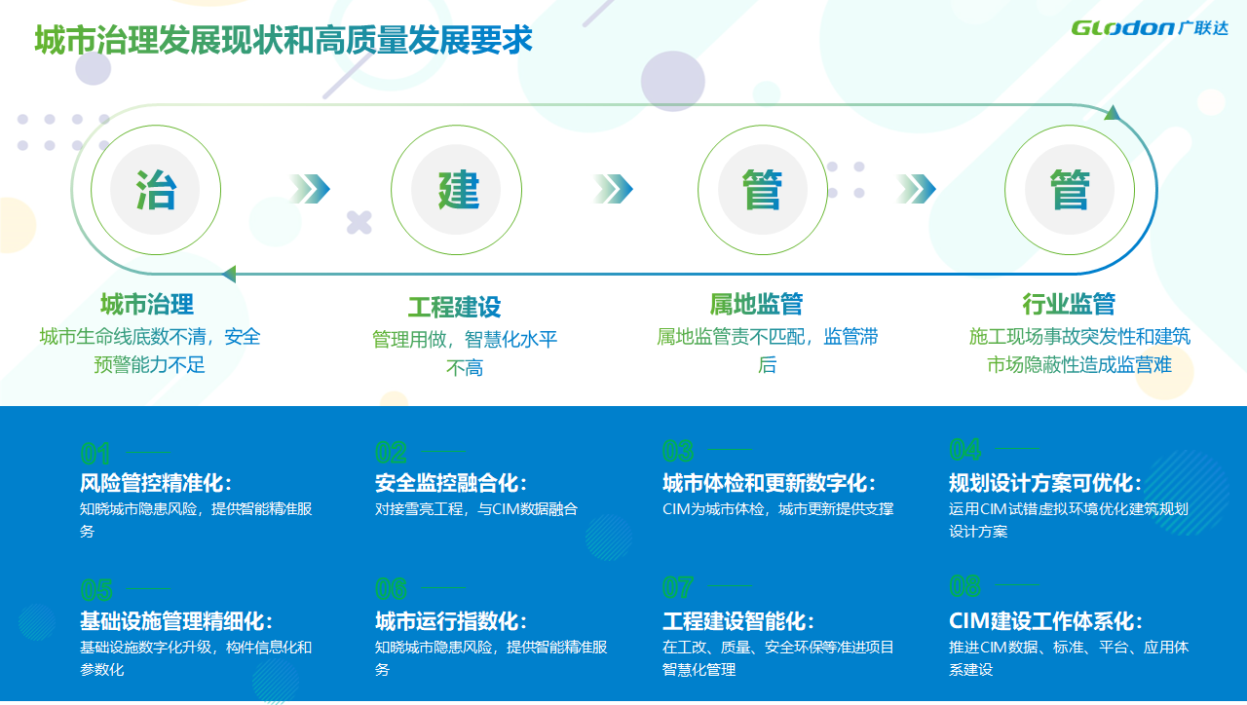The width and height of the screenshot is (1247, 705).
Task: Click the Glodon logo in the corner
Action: tap(1150, 27)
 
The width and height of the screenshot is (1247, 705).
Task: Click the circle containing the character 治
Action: tap(156, 190)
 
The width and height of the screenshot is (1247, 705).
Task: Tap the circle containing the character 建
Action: tap(457, 190)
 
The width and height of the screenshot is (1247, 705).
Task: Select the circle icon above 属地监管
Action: tap(763, 190)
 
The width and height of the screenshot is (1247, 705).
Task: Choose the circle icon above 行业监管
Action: tap(1070, 190)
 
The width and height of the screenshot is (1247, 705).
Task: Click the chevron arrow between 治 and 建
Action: tap(310, 189)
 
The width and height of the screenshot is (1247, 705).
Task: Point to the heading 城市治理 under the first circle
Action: tap(147, 305)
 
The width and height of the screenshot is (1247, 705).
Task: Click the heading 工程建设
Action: tap(454, 307)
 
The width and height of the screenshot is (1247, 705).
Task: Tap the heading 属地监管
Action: tap(756, 304)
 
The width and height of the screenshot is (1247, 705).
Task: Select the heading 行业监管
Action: tap(1069, 304)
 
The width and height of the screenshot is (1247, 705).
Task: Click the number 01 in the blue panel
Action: tap(95, 454)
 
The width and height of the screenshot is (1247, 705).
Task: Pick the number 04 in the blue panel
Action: tap(965, 450)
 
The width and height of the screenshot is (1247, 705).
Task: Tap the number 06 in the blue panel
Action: tap(391, 589)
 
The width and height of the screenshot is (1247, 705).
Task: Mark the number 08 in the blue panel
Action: tap(964, 586)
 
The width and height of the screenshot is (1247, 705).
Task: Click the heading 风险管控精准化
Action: tap(156, 483)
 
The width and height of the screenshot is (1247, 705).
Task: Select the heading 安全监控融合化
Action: tap(451, 483)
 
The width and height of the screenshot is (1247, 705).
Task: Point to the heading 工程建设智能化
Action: tap(738, 621)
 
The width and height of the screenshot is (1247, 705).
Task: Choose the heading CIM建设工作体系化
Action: tap(1046, 621)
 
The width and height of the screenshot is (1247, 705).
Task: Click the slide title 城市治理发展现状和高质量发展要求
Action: tap(283, 40)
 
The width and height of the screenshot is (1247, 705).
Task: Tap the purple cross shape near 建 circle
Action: tap(359, 223)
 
